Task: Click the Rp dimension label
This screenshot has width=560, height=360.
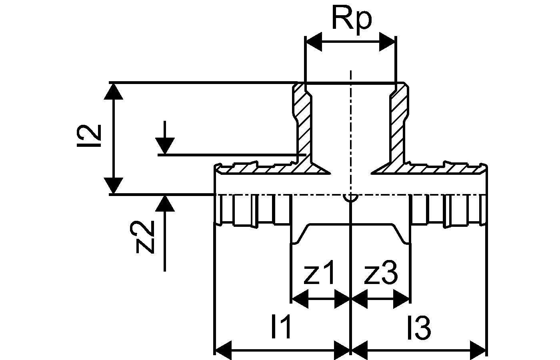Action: click(351, 19)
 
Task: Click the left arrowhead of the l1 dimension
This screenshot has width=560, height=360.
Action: click(223, 349)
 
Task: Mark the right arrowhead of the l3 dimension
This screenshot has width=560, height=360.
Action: click(478, 349)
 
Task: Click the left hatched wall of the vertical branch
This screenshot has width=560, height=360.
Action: click(303, 128)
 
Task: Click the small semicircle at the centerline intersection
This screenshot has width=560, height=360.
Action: click(350, 198)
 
